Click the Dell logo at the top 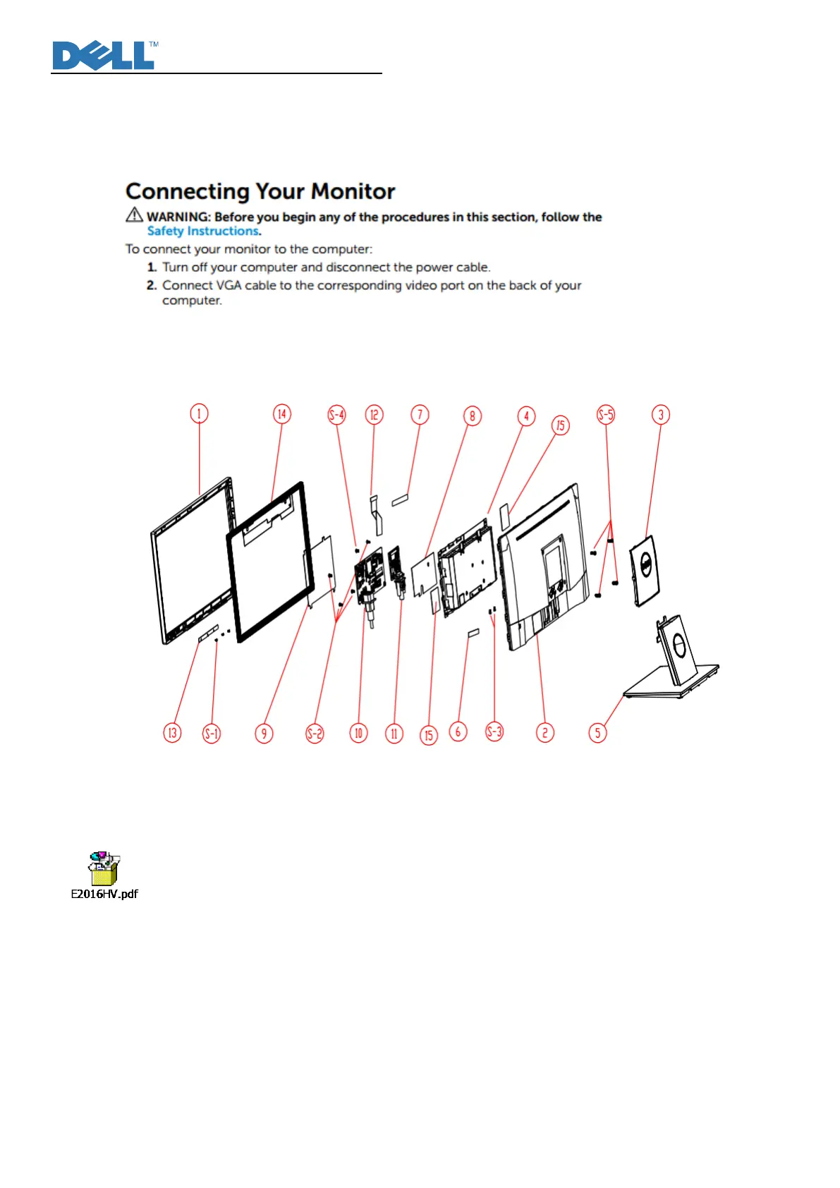point(104,56)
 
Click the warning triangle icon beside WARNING point(134,214)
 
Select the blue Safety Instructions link point(203,231)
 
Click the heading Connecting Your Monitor point(260,191)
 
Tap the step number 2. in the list point(152,286)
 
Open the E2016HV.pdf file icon point(104,869)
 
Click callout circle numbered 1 point(199,413)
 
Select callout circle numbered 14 point(281,414)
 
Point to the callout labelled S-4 point(337,415)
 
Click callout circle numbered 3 point(660,415)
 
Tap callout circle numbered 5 point(597,732)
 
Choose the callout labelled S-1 point(212,734)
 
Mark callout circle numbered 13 point(172,733)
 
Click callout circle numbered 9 point(264,734)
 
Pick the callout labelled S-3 point(494,732)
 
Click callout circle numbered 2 point(544,732)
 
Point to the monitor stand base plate point(670,683)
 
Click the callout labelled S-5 point(606,415)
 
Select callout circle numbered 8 point(472,416)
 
